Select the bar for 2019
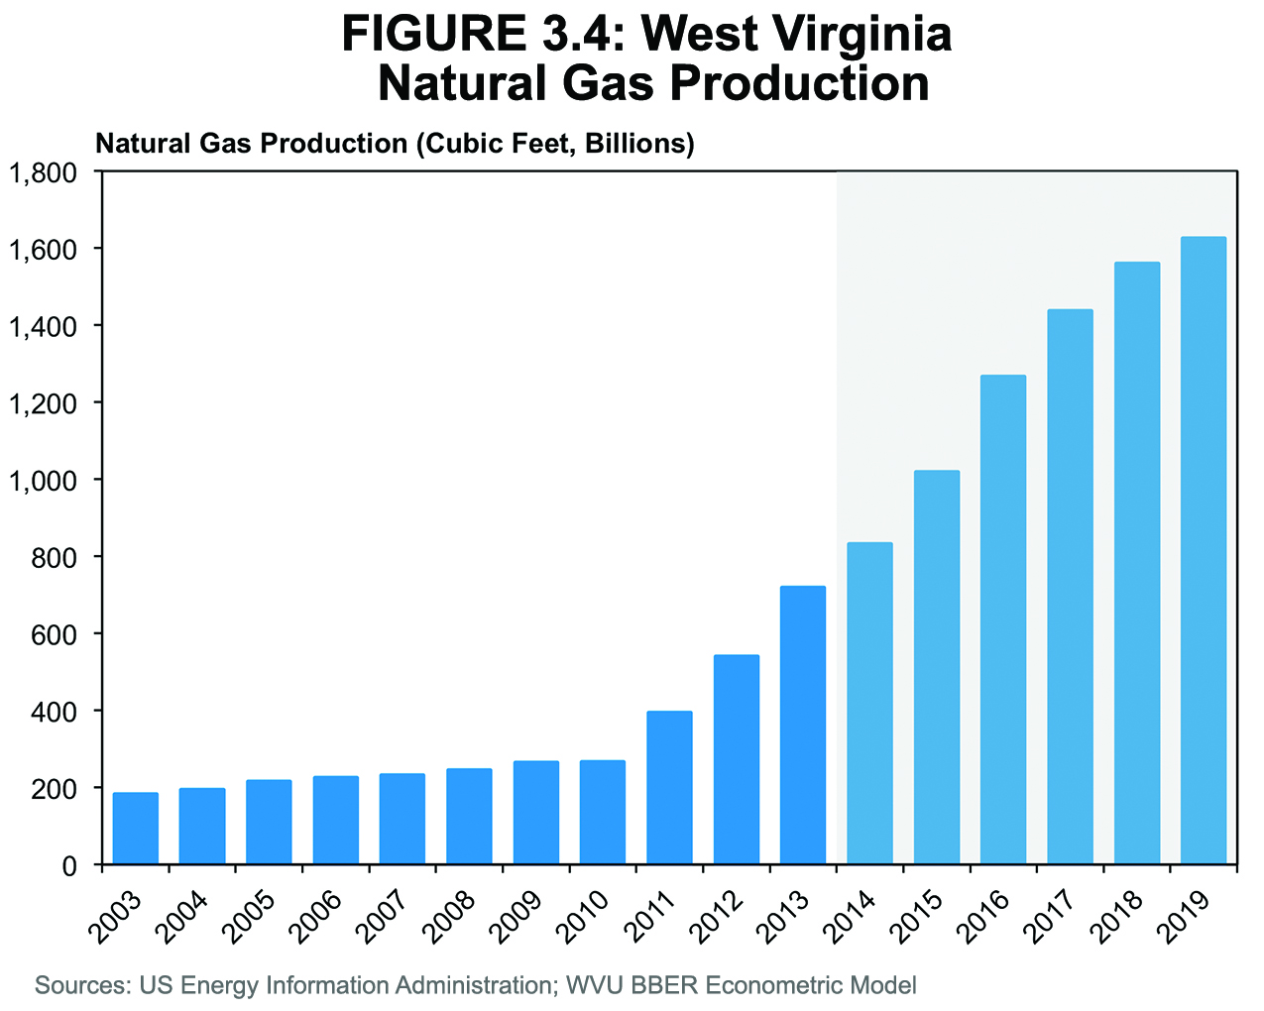coord(1203,550)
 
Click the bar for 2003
coord(136,829)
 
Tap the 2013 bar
coord(803,725)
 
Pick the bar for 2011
coord(669,787)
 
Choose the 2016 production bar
coord(1003,619)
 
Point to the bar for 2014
coord(869,703)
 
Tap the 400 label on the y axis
coord(56,712)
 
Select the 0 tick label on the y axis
coord(69,866)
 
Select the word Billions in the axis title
coord(638,144)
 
